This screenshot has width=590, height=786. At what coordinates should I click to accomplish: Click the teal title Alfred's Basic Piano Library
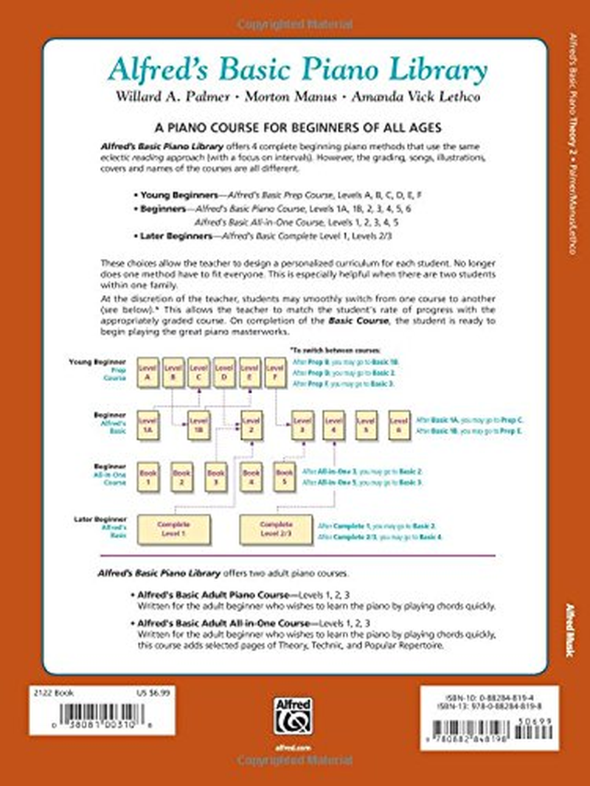tap(296, 72)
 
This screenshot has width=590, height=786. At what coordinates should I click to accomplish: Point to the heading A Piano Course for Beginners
tap(295, 126)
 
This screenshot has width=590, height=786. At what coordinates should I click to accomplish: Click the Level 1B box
tap(196, 425)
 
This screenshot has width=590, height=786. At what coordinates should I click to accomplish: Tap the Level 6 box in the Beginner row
tap(399, 425)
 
